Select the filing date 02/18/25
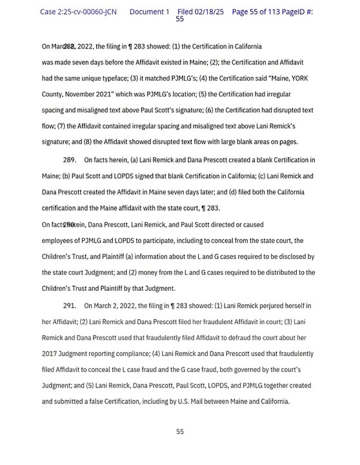pyautogui.click(x=208, y=12)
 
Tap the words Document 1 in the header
pyautogui.click(x=149, y=12)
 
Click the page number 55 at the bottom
pyautogui.click(x=180, y=431)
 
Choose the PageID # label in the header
pyautogui.click(x=296, y=12)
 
